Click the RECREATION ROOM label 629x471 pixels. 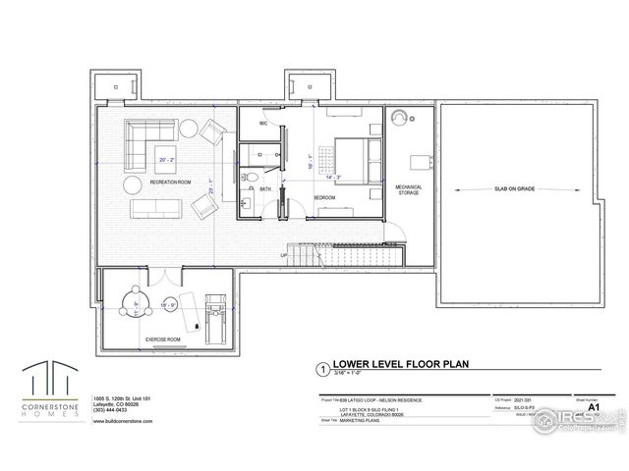(x=170, y=183)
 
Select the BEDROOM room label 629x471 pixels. (x=325, y=197)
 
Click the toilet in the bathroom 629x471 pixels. (x=252, y=178)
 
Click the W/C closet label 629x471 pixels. (x=263, y=124)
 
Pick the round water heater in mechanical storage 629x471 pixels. (x=399, y=118)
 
